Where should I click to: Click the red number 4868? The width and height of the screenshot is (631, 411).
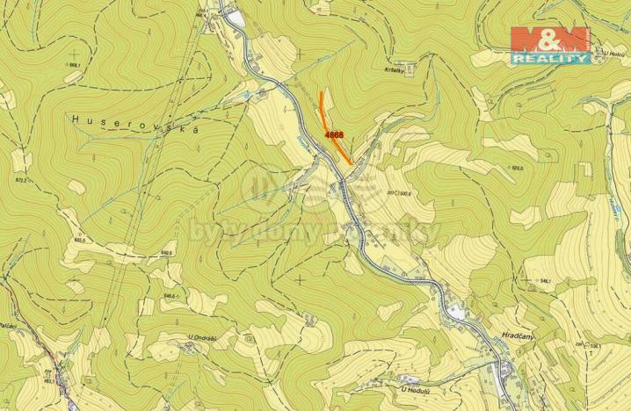pos(333,135)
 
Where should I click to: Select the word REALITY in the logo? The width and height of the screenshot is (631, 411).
pos(550,58)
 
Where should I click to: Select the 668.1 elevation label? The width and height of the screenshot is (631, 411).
pos(75,65)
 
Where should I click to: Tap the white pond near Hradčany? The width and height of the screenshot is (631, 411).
pos(457,311)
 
